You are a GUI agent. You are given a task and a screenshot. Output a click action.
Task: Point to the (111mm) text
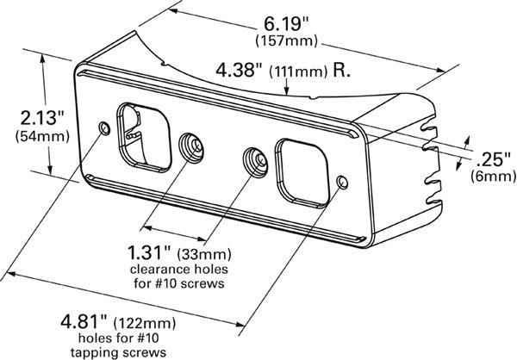click(x=301, y=72)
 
